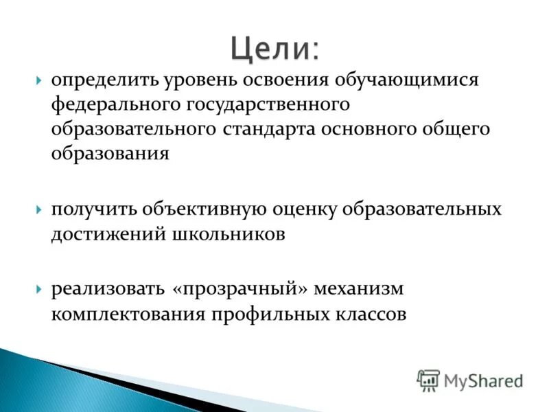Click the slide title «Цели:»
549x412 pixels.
click(x=274, y=49)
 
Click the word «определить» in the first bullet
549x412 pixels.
click(x=103, y=81)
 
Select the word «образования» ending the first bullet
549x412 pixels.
click(x=110, y=154)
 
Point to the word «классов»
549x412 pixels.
click(x=368, y=314)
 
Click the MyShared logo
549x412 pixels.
click(x=471, y=380)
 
